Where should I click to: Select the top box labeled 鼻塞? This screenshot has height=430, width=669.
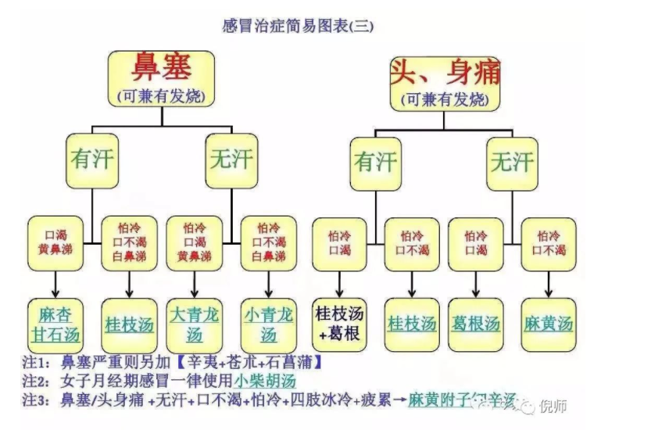click(162, 78)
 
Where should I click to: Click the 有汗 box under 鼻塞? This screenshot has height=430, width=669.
click(92, 160)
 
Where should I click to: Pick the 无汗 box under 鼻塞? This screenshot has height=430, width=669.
click(231, 160)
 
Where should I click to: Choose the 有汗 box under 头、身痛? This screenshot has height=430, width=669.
click(376, 163)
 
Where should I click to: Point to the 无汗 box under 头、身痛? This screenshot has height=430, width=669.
click(512, 163)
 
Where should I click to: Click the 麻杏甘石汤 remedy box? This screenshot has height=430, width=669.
click(55, 324)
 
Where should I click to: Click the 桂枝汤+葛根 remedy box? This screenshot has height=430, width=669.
click(339, 324)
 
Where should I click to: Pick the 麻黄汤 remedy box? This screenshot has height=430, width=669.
click(549, 324)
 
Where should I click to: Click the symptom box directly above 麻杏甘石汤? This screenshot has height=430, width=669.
click(55, 243)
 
